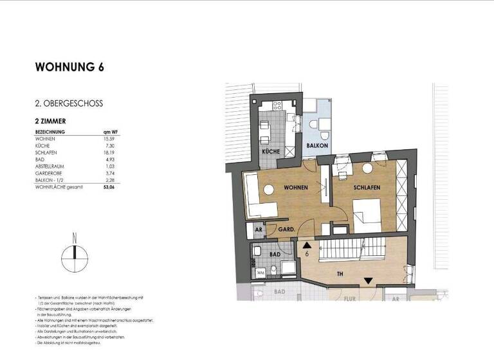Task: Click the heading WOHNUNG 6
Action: tap(69, 67)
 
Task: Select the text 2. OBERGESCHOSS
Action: tap(69, 103)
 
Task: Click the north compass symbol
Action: tap(75, 259)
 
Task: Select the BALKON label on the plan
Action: tap(317, 146)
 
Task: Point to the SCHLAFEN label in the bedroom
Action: tap(367, 188)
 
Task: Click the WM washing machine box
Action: tap(261, 272)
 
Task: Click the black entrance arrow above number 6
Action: tap(307, 244)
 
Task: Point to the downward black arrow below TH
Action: tap(368, 280)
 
